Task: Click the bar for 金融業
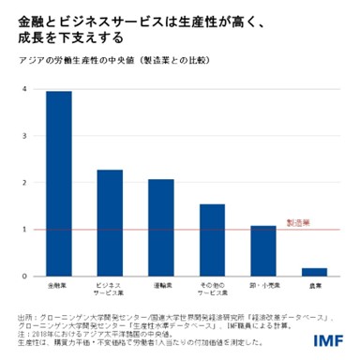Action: click(59, 184)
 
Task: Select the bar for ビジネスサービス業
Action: click(110, 223)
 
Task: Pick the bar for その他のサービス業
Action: click(212, 240)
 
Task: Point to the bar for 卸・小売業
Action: click(263, 251)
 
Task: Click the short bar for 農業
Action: click(314, 272)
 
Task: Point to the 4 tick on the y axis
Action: click(22, 89)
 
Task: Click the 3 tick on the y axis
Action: click(22, 136)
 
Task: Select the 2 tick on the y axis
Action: click(22, 183)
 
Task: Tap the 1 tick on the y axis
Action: click(22, 230)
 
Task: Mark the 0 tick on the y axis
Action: click(22, 277)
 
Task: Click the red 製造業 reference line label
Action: click(297, 224)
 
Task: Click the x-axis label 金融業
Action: click(59, 284)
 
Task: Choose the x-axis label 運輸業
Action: click(160, 284)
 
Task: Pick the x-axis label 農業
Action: click(314, 284)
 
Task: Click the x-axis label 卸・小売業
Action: click(263, 284)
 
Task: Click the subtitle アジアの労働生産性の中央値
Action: click(80, 59)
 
